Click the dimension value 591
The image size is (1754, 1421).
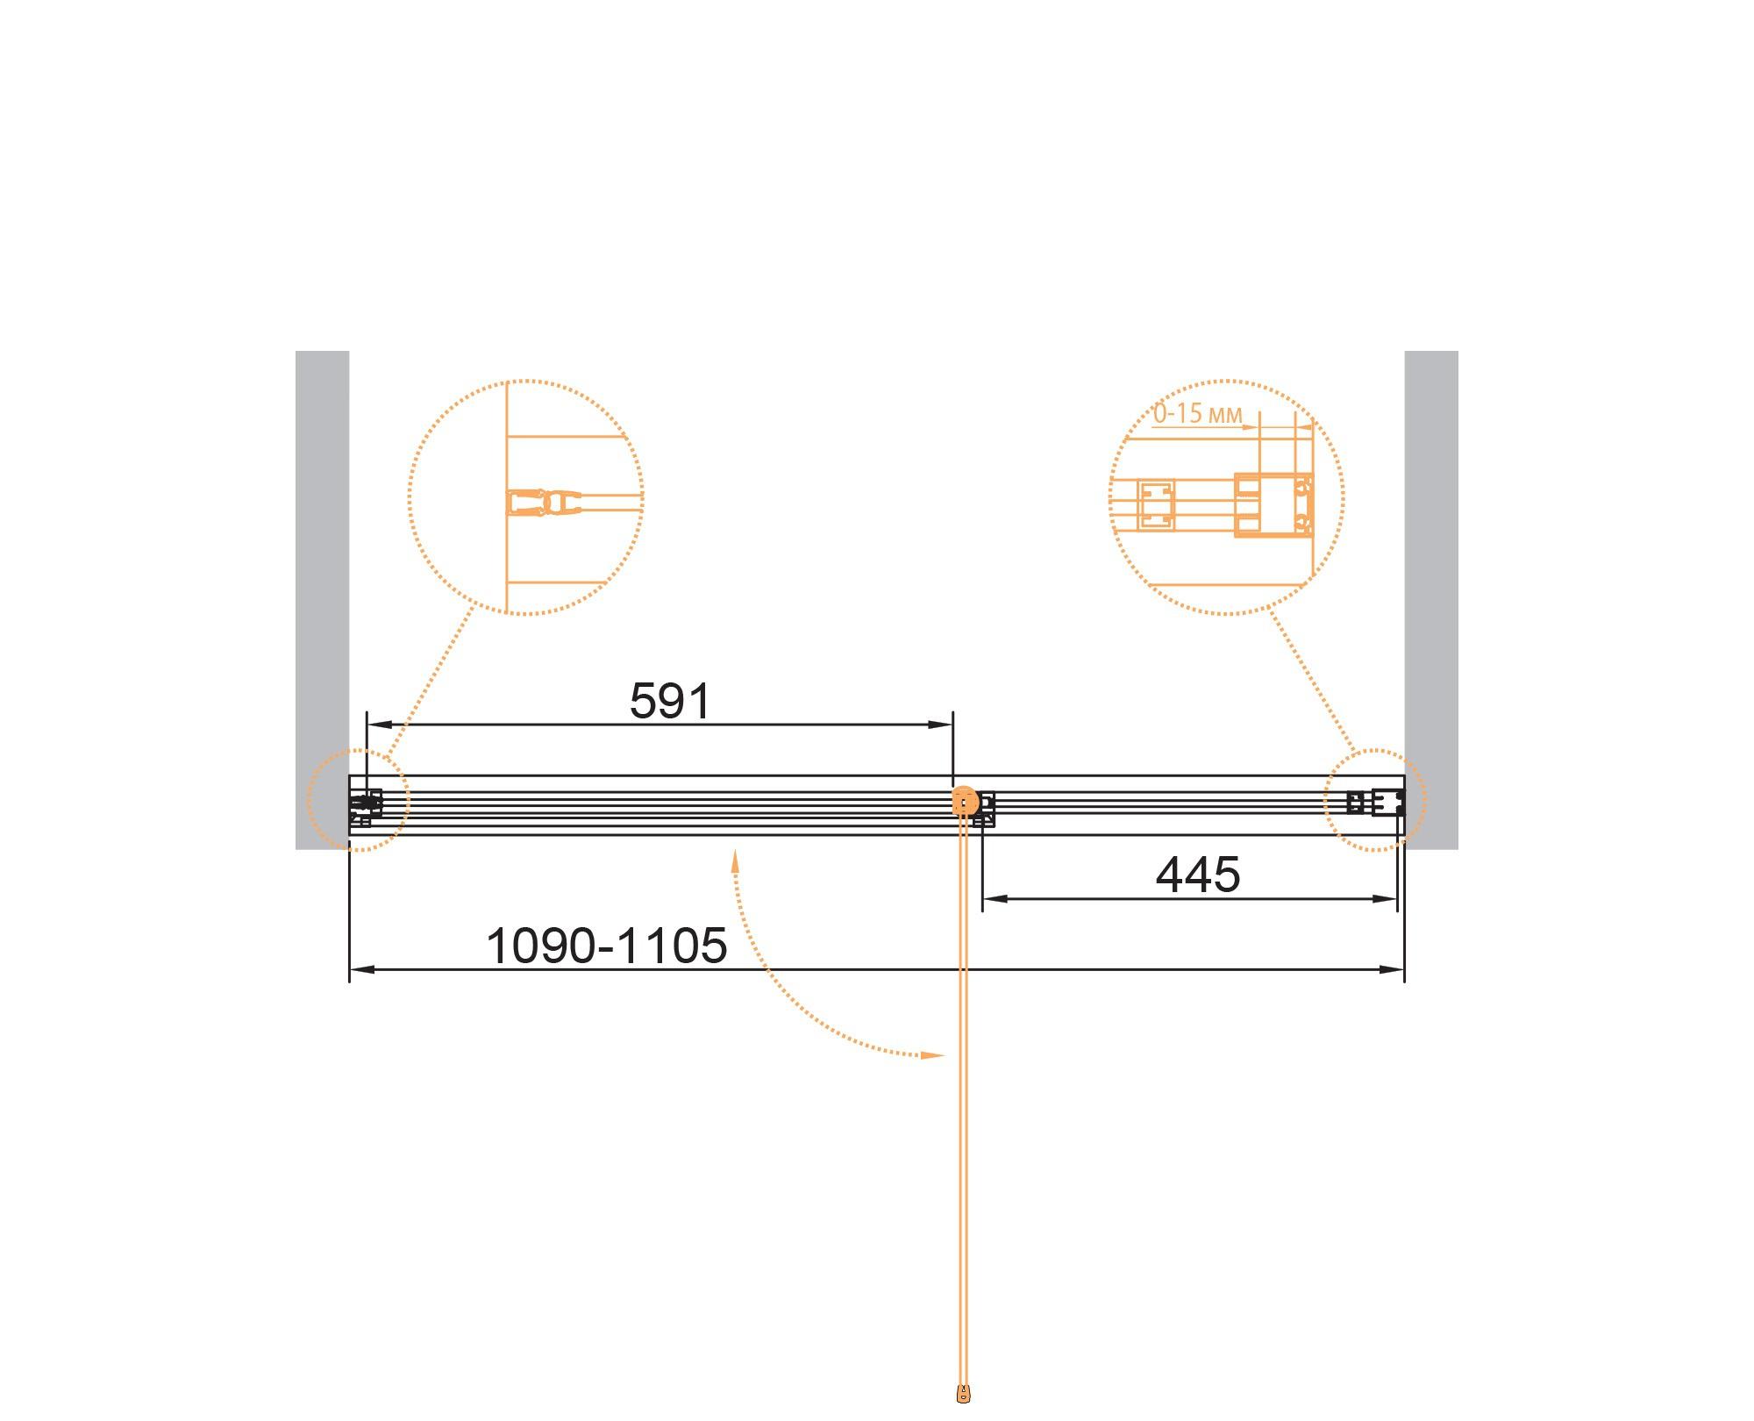[x=670, y=701]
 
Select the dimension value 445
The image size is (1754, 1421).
[x=1198, y=875]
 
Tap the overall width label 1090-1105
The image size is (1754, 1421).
[x=606, y=946]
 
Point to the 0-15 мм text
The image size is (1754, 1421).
[x=1197, y=413]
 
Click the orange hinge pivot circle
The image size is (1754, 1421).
[x=964, y=801]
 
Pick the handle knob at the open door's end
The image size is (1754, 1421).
[x=964, y=1393]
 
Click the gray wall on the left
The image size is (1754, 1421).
[x=322, y=600]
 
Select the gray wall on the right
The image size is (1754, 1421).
[x=1431, y=600]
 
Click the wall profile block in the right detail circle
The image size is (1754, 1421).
[x=1273, y=504]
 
